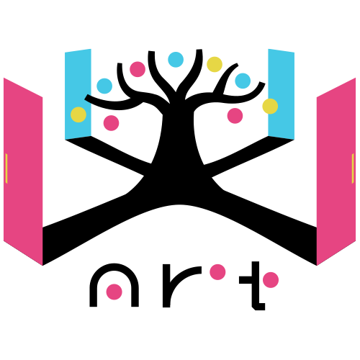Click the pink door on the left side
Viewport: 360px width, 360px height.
point(23,171)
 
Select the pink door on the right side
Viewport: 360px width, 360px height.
point(336,171)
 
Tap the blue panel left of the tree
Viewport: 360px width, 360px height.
point(78,94)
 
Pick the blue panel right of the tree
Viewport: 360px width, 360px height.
point(281,94)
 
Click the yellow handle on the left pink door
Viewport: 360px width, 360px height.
point(6,168)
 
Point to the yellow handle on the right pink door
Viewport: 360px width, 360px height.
point(353,168)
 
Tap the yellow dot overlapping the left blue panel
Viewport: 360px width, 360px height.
point(78,114)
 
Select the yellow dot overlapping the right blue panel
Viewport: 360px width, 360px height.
point(270,107)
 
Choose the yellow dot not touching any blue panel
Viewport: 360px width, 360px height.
point(215,64)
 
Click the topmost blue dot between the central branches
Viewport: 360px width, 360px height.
point(176,60)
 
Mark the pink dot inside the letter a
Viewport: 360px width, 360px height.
point(114,292)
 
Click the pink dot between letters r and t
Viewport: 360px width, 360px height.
point(217,272)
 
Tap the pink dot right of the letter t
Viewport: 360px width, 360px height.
point(271,280)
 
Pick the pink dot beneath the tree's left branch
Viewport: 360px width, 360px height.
point(111,123)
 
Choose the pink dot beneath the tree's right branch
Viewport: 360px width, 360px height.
point(235,116)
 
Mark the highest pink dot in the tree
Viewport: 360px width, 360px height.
point(138,69)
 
